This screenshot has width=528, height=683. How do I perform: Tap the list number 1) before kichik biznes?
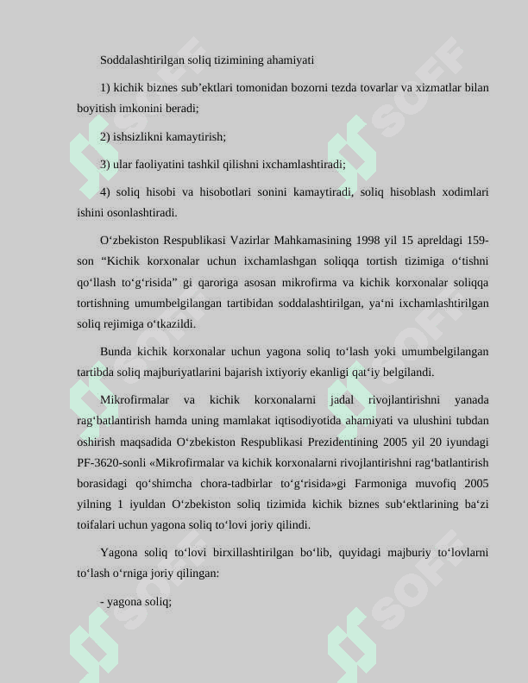click(105, 87)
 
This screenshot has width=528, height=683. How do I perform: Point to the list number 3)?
click(105, 164)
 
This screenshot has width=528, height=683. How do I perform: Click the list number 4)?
click(105, 191)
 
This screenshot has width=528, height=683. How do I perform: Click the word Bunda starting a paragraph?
click(116, 352)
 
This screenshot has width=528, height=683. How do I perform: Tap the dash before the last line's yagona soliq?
click(103, 602)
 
